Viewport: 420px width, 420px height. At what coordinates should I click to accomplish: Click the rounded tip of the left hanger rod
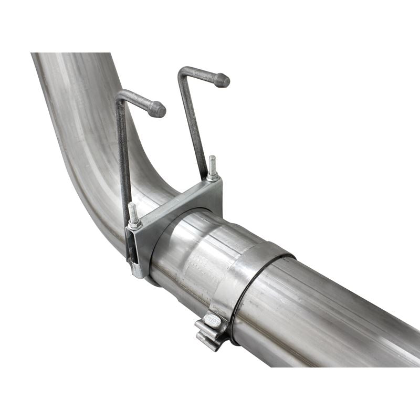click(157, 109)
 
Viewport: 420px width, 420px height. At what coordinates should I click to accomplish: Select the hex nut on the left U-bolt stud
click(135, 225)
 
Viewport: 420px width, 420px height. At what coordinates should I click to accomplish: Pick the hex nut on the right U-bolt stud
click(213, 177)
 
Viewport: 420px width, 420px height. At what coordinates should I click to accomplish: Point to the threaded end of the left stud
click(133, 211)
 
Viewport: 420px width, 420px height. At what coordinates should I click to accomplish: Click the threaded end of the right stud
click(212, 163)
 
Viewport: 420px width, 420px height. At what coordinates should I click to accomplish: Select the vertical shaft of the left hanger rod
click(123, 157)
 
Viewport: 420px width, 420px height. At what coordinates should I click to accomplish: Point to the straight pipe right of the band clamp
click(341, 315)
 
